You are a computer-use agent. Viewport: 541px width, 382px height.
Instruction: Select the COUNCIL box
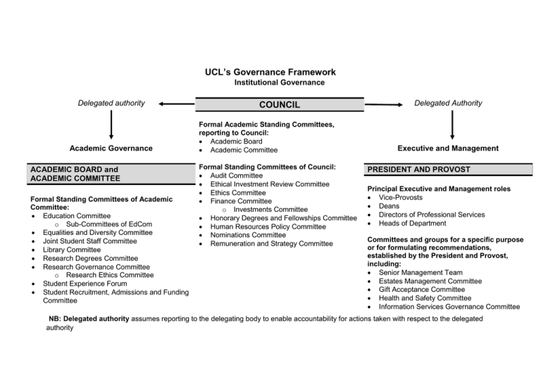click(279, 104)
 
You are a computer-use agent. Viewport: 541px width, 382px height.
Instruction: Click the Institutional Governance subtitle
click(280, 83)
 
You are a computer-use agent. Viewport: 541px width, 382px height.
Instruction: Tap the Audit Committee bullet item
click(236, 175)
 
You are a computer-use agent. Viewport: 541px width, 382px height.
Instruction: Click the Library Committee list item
click(71, 250)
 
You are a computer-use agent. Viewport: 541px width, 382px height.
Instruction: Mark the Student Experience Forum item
click(86, 284)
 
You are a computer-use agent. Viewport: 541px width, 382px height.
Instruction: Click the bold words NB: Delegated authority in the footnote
click(89, 319)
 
